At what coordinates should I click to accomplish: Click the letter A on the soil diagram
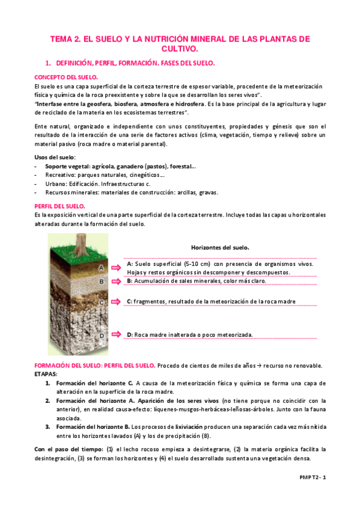click(x=101, y=267)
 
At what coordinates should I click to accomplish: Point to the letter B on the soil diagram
click(x=102, y=281)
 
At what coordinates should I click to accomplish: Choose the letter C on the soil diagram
click(x=102, y=303)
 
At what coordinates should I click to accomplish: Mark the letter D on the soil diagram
click(x=102, y=335)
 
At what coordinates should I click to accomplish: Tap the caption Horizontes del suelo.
click(x=220, y=247)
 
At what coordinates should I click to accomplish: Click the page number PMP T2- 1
click(x=313, y=476)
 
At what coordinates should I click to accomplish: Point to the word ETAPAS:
click(x=47, y=373)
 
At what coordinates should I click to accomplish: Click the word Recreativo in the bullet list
click(x=60, y=174)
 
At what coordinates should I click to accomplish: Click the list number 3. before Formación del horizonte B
click(x=49, y=426)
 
